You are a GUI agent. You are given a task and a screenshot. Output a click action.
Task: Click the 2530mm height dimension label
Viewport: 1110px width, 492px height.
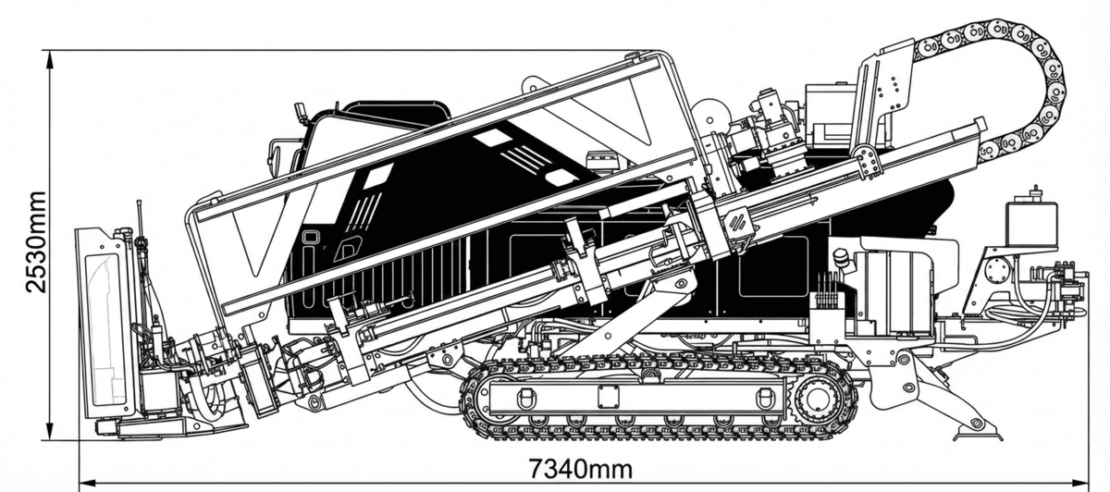(x=35, y=242)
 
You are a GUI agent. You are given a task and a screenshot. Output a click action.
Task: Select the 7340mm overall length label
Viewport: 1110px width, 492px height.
(x=581, y=468)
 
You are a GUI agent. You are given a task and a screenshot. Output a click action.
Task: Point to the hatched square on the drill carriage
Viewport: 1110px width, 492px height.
(x=738, y=223)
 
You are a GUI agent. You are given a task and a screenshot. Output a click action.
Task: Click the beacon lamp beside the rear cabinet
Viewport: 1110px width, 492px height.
(x=841, y=258)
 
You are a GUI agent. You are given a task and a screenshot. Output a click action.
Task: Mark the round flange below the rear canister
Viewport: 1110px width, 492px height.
(x=996, y=270)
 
